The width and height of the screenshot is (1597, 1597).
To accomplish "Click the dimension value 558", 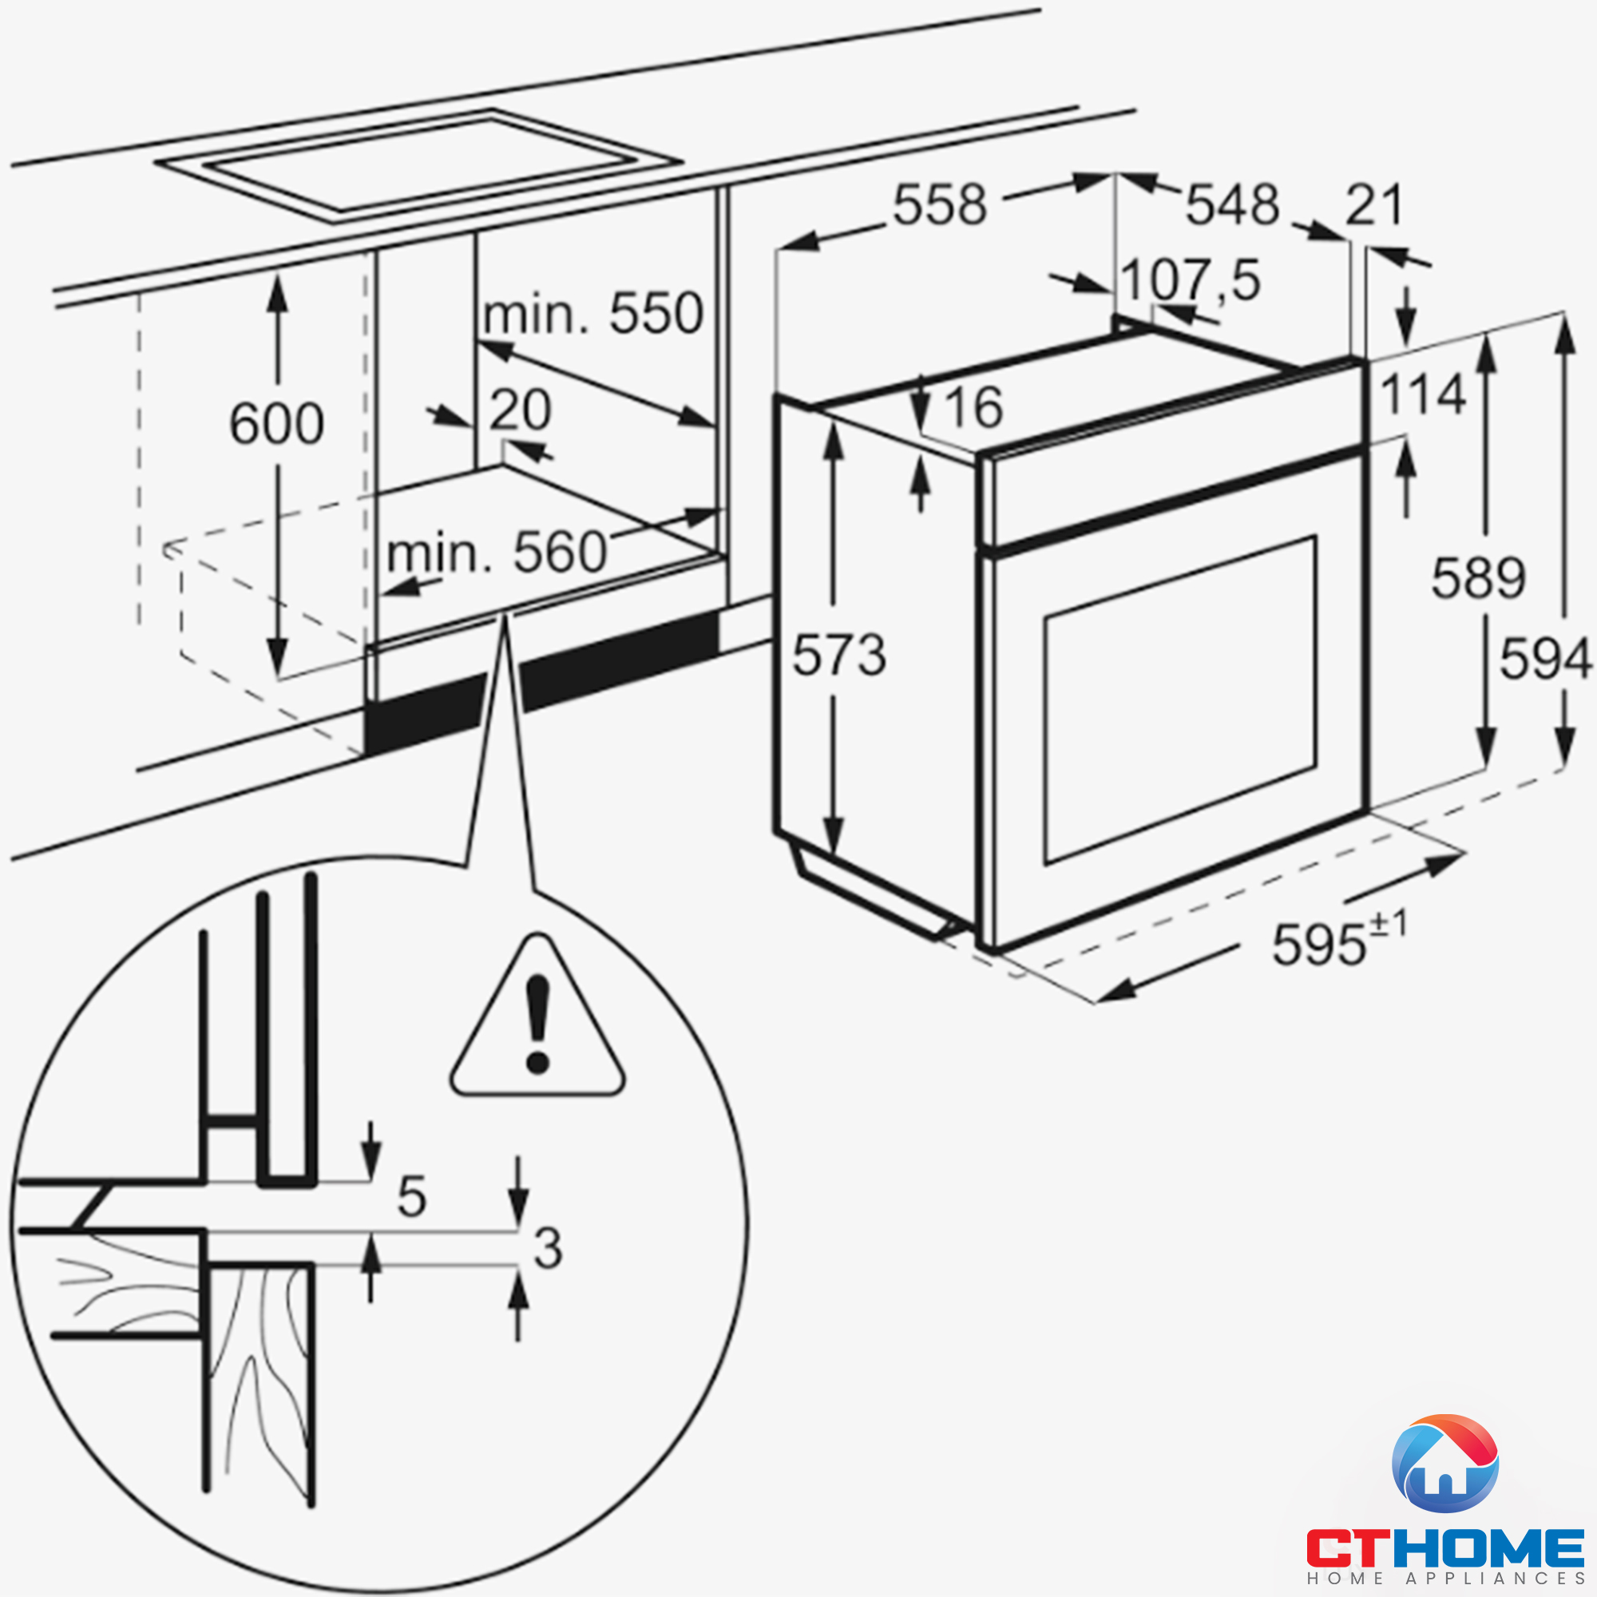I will (940, 205).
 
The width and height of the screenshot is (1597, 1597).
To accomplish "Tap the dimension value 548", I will (1232, 205).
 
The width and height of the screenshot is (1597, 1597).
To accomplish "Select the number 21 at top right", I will (1373, 205).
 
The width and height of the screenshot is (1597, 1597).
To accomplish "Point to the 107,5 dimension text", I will (1191, 280).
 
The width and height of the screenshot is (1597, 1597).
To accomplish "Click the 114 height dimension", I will (1424, 394).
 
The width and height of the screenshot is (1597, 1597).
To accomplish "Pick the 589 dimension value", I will (1479, 578).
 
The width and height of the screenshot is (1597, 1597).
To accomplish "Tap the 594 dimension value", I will (1545, 660).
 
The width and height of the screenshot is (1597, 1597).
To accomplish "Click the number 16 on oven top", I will (973, 407).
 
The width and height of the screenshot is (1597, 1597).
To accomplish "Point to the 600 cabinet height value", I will (276, 425).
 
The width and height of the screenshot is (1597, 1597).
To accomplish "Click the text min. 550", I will (592, 314).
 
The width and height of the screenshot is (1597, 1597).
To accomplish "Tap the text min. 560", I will (497, 553).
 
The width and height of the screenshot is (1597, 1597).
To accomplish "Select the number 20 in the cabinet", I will (520, 410).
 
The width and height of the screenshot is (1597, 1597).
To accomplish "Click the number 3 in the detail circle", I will (548, 1248).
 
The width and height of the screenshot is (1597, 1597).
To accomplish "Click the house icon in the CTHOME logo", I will (1444, 1464).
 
